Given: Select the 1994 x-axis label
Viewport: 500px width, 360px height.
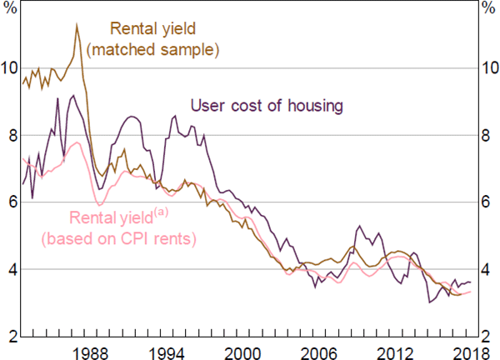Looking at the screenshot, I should [173, 350].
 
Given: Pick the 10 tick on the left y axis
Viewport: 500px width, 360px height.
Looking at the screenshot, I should [10, 67].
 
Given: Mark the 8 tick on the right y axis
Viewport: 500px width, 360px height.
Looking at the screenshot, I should [489, 134].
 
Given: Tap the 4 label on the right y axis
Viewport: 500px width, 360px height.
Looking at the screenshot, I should [489, 269].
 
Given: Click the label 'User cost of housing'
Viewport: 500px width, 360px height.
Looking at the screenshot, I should [267, 106].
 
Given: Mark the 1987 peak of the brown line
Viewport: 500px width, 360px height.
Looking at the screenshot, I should [77, 25].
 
